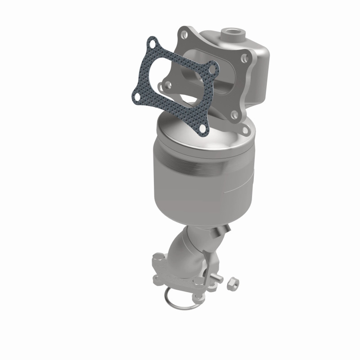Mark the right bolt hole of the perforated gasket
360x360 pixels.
point(212,70)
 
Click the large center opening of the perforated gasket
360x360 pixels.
point(173,83)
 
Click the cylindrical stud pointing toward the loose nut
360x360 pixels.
point(217,278)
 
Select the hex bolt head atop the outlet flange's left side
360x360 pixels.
point(159,259)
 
